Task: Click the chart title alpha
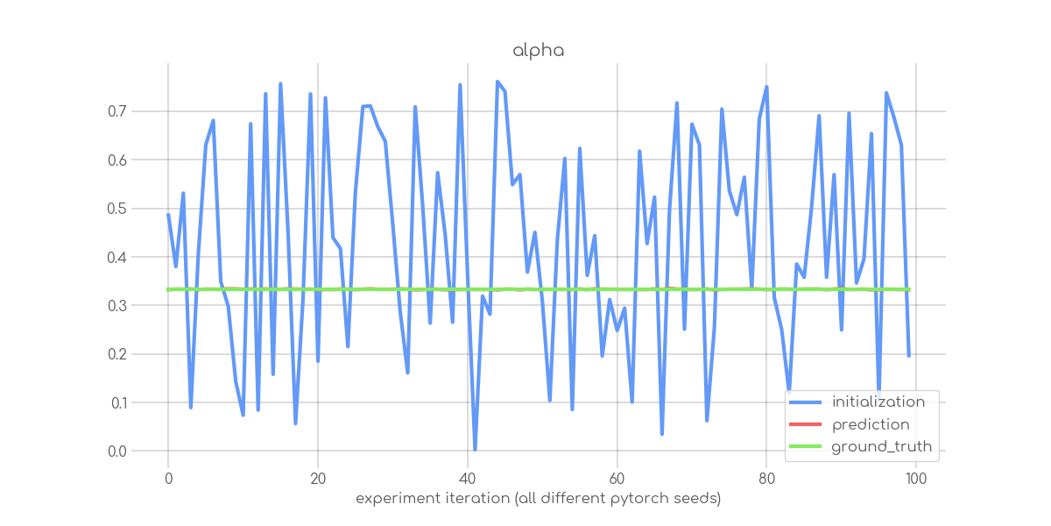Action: (x=538, y=51)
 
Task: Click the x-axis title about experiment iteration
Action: (x=538, y=499)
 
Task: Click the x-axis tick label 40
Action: (x=467, y=479)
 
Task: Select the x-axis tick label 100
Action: (x=916, y=479)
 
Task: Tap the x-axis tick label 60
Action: (x=617, y=479)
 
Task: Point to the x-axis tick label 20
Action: (x=318, y=479)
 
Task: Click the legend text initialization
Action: (x=878, y=402)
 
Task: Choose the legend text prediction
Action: (x=871, y=425)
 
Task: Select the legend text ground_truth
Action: (x=881, y=447)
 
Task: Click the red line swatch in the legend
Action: (x=806, y=425)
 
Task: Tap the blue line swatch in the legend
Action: (x=806, y=402)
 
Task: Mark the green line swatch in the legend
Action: (x=806, y=447)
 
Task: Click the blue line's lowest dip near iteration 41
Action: (x=475, y=450)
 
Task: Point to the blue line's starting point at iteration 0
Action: (x=168, y=215)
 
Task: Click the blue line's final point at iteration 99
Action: (x=909, y=356)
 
